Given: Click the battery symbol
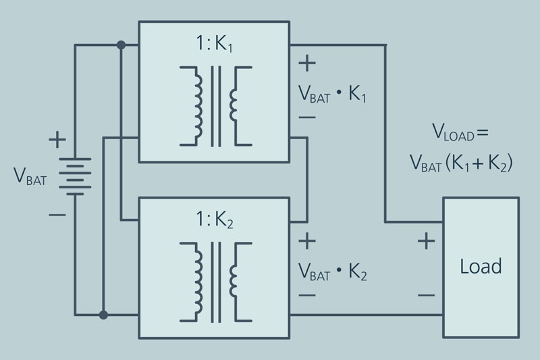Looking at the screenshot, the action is coord(75,176).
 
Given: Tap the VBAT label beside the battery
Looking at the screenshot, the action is coord(30,177).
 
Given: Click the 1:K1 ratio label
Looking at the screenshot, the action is coord(214,44).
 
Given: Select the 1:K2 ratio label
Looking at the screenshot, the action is coord(214,220).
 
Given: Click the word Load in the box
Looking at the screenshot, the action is coord(481,266).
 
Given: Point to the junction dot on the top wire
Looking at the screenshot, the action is coord(121,45).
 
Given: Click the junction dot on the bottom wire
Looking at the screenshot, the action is coord(103,315).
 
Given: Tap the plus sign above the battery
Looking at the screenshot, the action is coord(57,140).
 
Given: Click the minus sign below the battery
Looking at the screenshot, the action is coord(57,215).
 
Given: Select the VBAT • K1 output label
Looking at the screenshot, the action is coord(332,94).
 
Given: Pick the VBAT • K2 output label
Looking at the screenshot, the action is coord(332,272).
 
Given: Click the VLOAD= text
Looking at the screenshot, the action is coord(460,132).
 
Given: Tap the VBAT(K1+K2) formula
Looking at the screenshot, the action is coord(461,163).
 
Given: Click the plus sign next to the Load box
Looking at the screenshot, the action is coord(427,241).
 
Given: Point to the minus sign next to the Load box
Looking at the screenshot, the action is coord(427,295).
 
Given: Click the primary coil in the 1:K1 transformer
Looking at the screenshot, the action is coord(198,106).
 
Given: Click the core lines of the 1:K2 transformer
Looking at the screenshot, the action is coord(216,282).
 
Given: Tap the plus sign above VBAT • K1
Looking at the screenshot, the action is coord(307,63).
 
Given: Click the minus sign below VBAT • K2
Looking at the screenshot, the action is coord(307,295).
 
